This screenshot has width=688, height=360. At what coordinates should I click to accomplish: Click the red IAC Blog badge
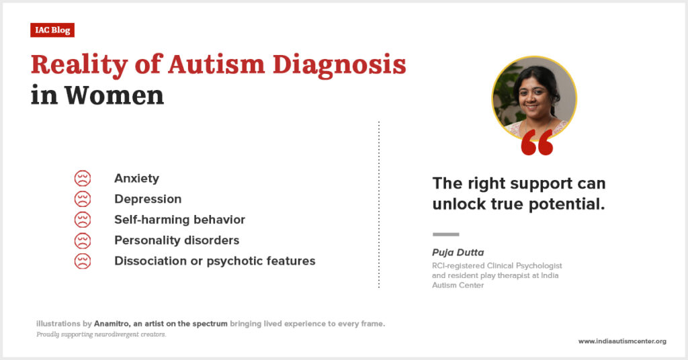[52, 30]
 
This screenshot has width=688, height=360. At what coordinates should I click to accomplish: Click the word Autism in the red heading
[216, 65]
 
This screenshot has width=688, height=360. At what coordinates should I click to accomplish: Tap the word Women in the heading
[114, 95]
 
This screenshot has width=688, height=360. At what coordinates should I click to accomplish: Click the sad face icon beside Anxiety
[83, 179]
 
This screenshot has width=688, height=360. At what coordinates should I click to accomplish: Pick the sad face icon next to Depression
[83, 199]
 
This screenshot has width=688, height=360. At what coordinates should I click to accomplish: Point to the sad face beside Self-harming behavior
[83, 220]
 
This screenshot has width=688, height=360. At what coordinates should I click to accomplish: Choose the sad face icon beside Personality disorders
[83, 240]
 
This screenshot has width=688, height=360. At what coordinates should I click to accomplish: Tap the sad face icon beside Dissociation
[83, 261]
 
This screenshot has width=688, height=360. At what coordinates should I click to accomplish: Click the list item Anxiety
[137, 179]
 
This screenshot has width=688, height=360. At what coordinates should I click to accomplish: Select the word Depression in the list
[148, 199]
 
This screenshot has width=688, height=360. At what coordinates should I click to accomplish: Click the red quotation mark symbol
[537, 142]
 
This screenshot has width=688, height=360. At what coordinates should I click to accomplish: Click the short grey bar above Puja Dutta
[446, 234]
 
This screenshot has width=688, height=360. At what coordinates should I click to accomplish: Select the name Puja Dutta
[458, 253]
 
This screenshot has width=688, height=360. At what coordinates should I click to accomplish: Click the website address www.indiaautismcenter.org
[622, 341]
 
